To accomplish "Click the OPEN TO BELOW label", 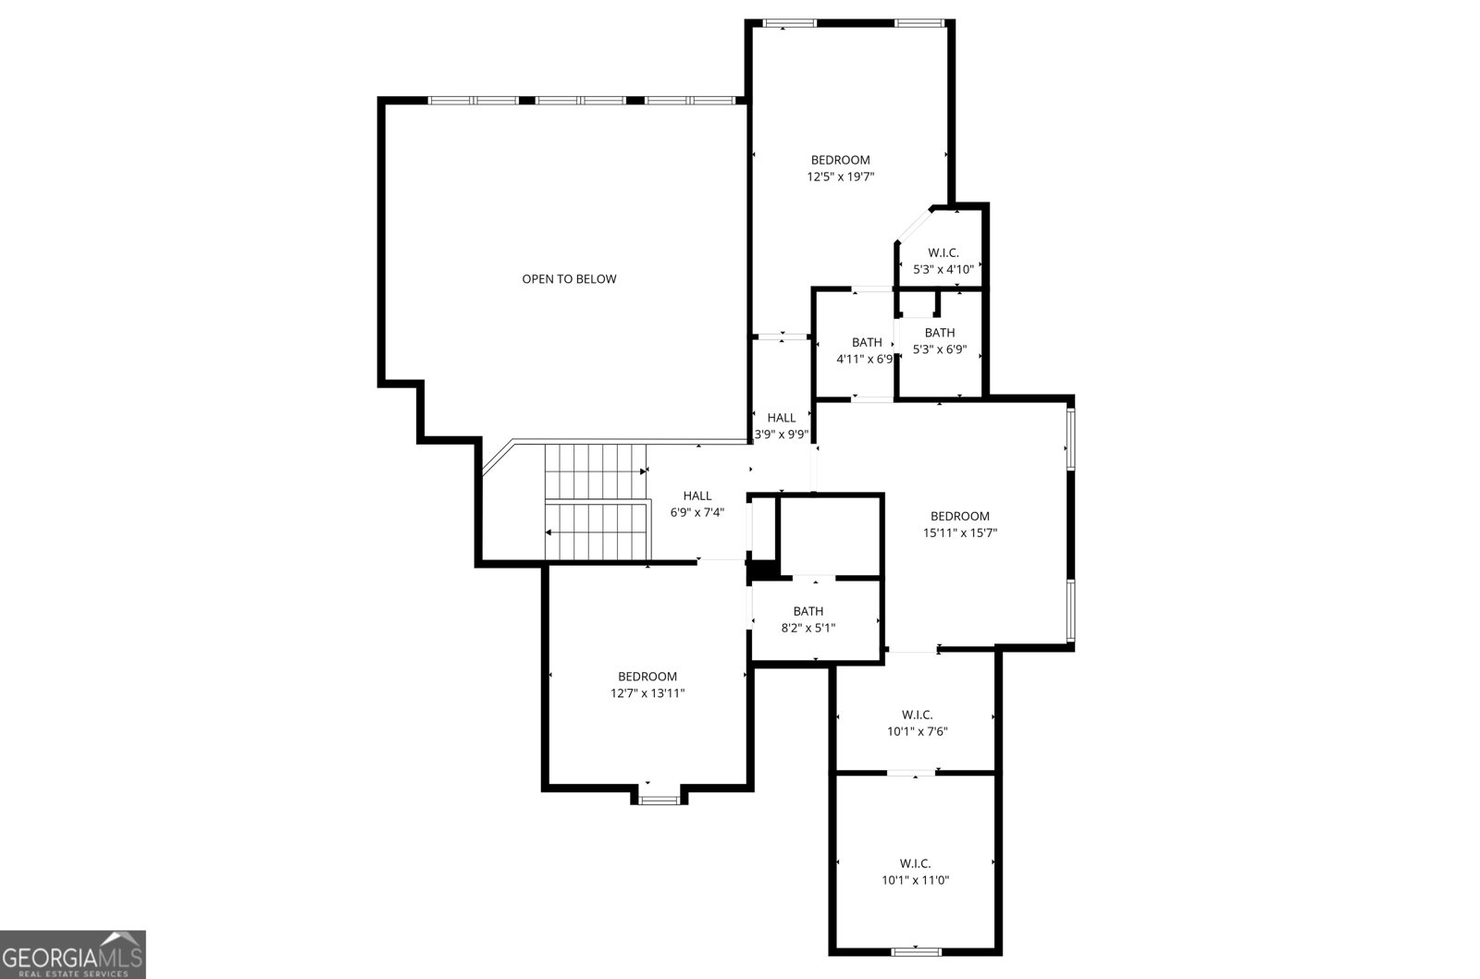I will pyautogui.click(x=569, y=279).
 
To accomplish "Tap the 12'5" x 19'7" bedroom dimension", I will pyautogui.click(x=841, y=177).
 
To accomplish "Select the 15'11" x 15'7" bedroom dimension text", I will pyautogui.click(x=960, y=532).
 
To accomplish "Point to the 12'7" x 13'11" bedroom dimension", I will pyautogui.click(x=647, y=692).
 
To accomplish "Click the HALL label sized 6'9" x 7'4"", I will pyautogui.click(x=697, y=496).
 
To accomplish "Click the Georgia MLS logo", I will pyautogui.click(x=72, y=954).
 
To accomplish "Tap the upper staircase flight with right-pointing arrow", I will pyautogui.click(x=594, y=471).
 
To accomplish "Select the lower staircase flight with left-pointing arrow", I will pyautogui.click(x=594, y=532).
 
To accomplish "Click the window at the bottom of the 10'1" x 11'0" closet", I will pyautogui.click(x=916, y=950).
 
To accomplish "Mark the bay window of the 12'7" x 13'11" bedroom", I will pyautogui.click(x=660, y=799).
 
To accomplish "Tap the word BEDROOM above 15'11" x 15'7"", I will pyautogui.click(x=960, y=516).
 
